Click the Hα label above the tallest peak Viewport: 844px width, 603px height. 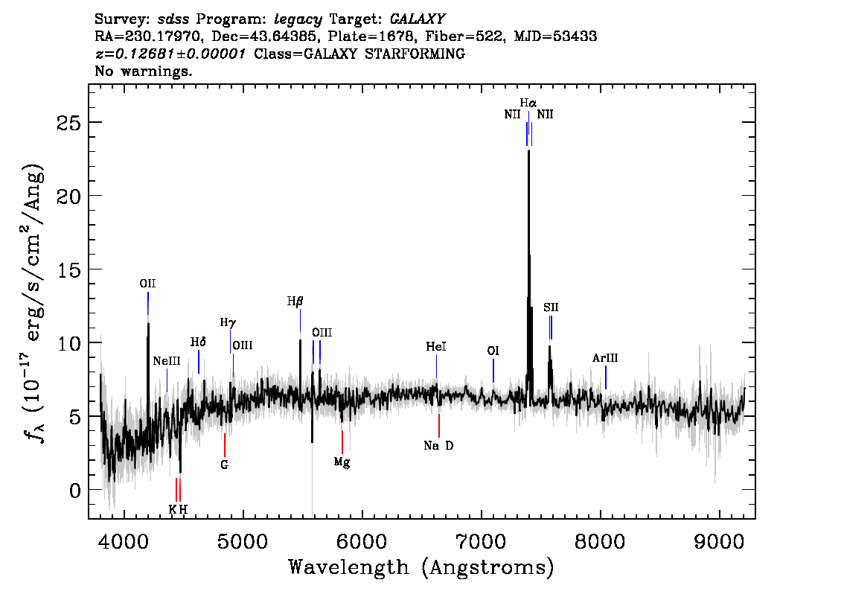coord(528,103)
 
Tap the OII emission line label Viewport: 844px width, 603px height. coord(147,284)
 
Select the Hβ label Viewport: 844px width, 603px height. coord(295,301)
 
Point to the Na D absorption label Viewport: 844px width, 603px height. coord(438,446)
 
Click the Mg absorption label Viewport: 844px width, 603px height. coord(342,462)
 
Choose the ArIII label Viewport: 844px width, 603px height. coord(605,358)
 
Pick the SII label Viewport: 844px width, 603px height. coord(551,307)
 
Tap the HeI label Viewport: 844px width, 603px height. coord(436,347)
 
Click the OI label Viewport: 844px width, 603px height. coord(493,351)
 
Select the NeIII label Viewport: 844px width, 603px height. coord(167,361)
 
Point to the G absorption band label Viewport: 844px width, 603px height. coord(224,465)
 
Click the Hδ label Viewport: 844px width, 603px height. coord(198,342)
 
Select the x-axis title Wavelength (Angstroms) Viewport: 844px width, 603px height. coord(421,568)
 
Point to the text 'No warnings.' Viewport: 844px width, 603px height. coord(144,72)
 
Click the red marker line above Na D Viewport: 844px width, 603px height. coord(439,425)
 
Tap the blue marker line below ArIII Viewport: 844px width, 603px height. coord(606,377)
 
